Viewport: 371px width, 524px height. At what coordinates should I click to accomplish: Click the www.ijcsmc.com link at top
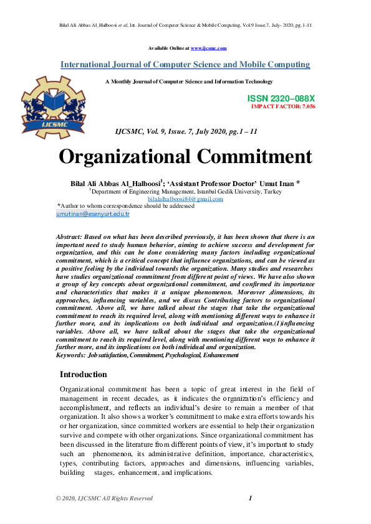[x=208, y=48]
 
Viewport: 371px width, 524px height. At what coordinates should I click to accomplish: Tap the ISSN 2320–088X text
[x=281, y=99]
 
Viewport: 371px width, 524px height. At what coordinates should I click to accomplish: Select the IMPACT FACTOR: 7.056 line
[x=282, y=107]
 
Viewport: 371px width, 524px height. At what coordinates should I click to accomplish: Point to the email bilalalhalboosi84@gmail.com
[x=185, y=199]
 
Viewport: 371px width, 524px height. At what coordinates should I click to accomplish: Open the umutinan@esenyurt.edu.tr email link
[x=93, y=213]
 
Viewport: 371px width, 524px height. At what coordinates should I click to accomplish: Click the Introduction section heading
[x=84, y=374]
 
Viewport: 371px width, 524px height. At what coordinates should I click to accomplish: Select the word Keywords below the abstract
[x=70, y=355]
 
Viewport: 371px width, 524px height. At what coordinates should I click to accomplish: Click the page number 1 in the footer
[x=249, y=498]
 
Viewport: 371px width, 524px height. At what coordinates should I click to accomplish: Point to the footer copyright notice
[x=104, y=498]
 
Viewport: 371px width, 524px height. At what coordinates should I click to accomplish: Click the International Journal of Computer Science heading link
[x=185, y=65]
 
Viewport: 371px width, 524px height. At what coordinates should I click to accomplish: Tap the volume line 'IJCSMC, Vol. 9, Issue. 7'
[x=186, y=132]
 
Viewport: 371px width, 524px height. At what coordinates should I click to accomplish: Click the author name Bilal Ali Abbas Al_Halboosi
[x=115, y=183]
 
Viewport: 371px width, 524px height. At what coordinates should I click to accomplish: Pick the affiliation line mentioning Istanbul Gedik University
[x=185, y=192]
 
